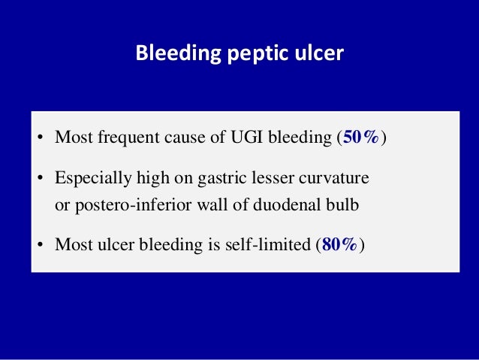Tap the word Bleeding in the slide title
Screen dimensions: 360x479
pos(170,55)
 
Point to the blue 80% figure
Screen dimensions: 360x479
pos(341,244)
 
